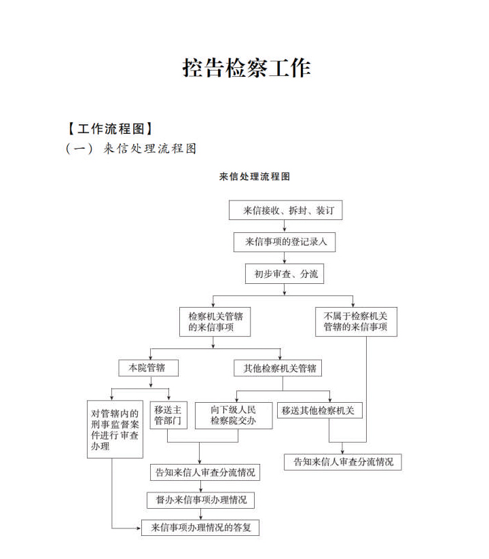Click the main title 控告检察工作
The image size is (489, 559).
pos(247,68)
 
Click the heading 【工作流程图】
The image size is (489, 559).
pos(110,128)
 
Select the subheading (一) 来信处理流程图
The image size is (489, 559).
pos(131,148)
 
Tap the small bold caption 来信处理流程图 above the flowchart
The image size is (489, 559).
pos(255,177)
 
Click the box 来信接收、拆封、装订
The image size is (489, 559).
pos(285,211)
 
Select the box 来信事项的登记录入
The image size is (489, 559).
pos(285,242)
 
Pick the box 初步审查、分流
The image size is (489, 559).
pos(285,274)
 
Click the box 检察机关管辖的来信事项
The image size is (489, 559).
pos(215,322)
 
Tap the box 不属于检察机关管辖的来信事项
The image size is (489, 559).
pos(356,322)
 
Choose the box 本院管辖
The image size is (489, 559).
pos(148,368)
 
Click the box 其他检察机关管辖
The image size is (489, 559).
pos(278,368)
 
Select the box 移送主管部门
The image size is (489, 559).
pos(168,415)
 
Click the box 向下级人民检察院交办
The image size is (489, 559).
pos(234,415)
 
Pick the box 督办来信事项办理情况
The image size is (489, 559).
pos(200,500)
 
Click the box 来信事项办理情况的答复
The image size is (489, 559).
pos(200,528)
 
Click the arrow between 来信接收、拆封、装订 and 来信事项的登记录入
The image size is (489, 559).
pos(285,226)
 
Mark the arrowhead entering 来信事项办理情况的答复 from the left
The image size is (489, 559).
pos(139,528)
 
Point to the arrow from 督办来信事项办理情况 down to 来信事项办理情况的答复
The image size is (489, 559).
pos(200,514)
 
